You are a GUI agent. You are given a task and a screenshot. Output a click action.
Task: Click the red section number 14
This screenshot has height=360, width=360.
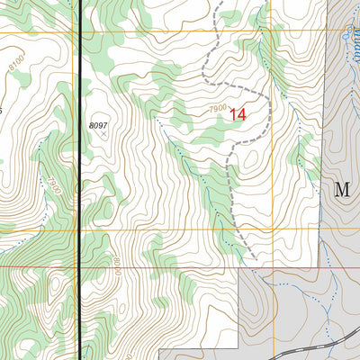coord(238,114)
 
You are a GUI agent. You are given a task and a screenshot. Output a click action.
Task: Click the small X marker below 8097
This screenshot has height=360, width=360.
coord(103,134)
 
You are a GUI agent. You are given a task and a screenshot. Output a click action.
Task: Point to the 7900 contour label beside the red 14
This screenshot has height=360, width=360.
coord(216,110)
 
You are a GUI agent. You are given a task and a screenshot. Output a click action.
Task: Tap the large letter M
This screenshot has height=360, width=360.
coord(341,189)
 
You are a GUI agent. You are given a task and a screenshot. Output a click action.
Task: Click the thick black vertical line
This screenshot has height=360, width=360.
coord(81,180)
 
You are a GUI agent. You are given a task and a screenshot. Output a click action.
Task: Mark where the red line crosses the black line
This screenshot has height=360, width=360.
coord(81,266)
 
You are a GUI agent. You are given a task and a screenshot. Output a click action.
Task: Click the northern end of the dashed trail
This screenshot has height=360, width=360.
coord(216,3)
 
